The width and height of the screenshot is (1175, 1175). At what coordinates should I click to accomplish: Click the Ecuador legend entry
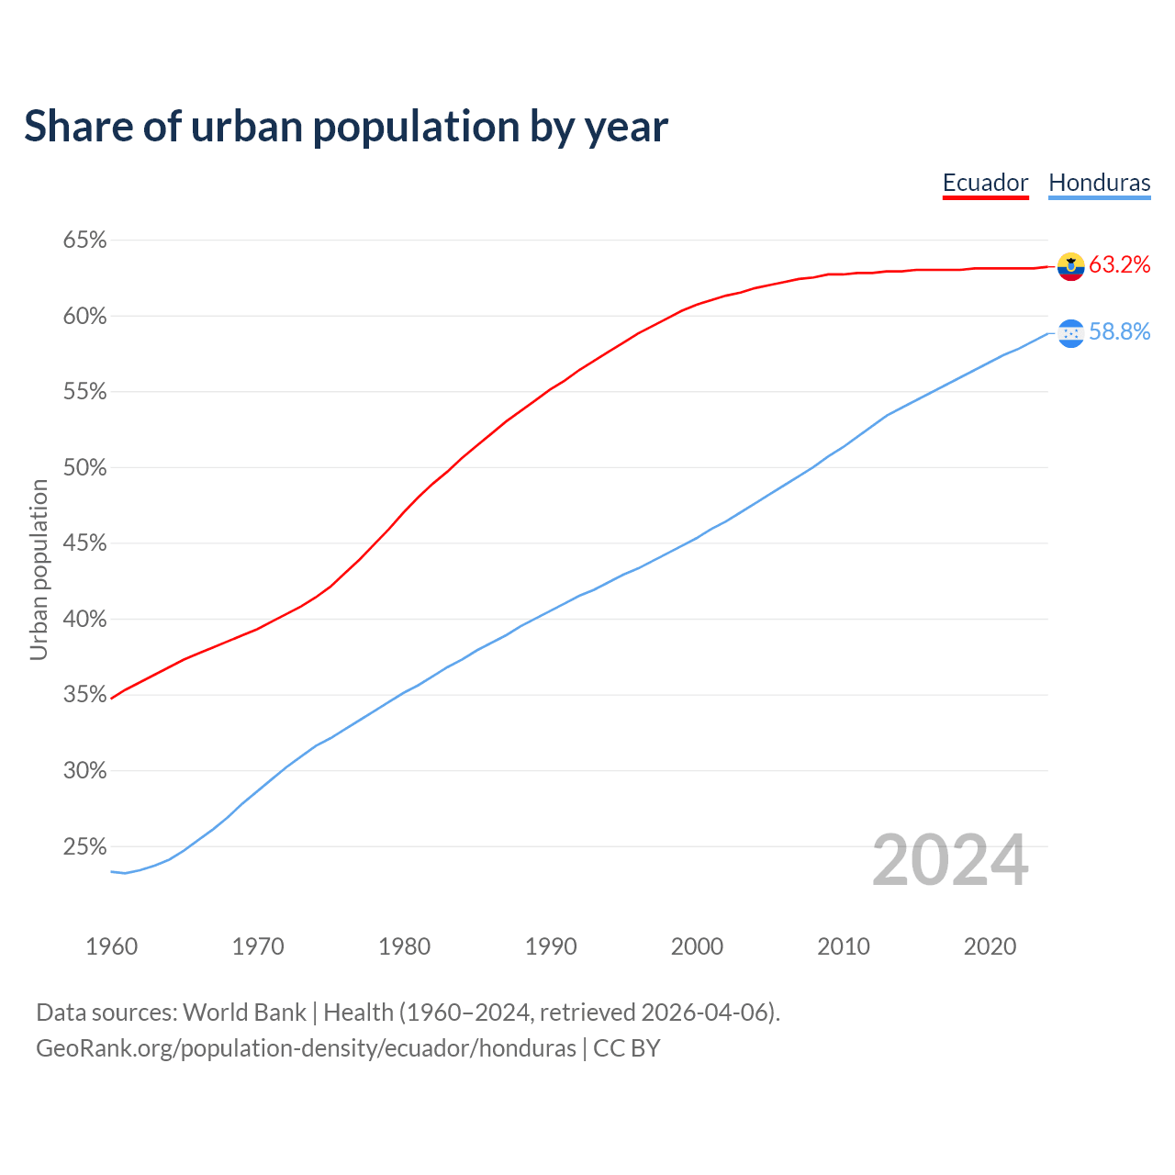pos(985,183)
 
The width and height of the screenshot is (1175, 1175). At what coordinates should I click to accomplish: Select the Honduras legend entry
pos(1099,183)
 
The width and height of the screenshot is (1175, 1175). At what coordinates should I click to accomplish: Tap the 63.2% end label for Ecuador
pos(1119,265)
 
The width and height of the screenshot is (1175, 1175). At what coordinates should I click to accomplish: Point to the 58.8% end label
pos(1119,332)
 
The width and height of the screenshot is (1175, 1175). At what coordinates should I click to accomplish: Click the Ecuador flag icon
pos(1070,266)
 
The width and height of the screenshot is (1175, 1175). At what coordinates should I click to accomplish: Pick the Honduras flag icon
pos(1070,333)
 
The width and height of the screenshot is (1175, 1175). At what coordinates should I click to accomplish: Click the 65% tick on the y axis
pos(84,241)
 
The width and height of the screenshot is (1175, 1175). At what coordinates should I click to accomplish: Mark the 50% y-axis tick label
pos(84,468)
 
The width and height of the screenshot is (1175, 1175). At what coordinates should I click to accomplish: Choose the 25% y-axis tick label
pos(84,846)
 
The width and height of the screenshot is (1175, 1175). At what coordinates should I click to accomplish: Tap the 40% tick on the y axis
pos(84,620)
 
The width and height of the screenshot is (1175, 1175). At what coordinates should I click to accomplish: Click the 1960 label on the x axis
pos(111,946)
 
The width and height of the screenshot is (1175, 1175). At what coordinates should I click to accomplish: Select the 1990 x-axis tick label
pos(551,946)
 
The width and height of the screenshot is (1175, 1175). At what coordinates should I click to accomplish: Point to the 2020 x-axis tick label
pos(990,946)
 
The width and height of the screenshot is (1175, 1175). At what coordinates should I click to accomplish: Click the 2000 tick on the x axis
pos(697,946)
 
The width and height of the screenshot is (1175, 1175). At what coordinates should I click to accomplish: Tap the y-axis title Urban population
pos(39,569)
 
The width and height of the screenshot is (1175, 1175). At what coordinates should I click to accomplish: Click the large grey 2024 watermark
pos(950,861)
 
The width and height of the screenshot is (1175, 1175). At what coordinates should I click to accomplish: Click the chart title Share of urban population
pos(346,127)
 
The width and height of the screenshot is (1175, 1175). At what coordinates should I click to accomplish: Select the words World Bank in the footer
pos(244,1013)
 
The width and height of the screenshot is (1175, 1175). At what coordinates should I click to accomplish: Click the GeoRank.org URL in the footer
pos(306,1048)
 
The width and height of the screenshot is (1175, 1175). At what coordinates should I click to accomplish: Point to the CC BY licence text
pos(627,1048)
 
